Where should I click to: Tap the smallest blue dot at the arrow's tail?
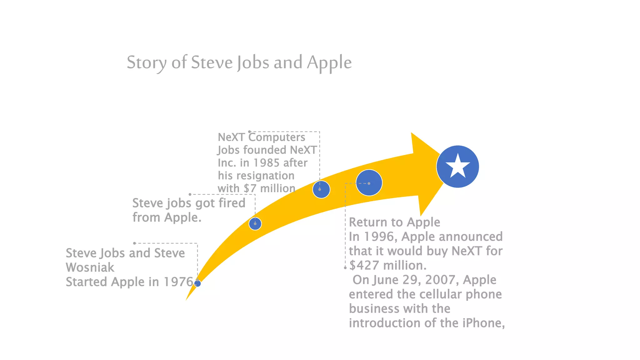[197, 283]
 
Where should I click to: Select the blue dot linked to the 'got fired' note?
[255, 224]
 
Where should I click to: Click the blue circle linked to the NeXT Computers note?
[321, 189]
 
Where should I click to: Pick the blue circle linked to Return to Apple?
[369, 183]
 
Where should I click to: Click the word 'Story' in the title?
[146, 62]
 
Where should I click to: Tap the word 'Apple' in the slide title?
[329, 62]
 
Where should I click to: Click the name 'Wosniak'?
[90, 267]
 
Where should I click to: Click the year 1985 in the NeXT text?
[266, 163]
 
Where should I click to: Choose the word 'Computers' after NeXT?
[277, 137]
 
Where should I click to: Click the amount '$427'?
[364, 265]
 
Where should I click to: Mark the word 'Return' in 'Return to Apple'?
[368, 222]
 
